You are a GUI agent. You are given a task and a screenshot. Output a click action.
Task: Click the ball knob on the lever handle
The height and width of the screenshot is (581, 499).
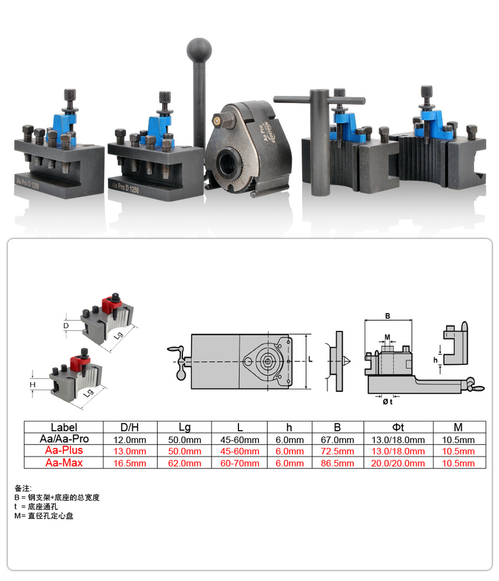(x=199, y=50)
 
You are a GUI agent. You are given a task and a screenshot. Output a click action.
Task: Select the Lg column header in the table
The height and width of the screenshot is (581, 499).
(x=185, y=427)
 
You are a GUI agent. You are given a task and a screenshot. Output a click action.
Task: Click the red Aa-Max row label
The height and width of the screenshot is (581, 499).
(x=64, y=462)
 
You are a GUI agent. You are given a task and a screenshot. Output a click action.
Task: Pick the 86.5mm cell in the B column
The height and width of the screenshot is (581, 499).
(x=338, y=463)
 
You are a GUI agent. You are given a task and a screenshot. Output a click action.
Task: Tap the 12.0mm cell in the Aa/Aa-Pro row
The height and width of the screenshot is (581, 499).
(x=130, y=440)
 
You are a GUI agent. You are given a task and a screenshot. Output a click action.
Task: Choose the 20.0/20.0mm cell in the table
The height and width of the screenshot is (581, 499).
(x=398, y=463)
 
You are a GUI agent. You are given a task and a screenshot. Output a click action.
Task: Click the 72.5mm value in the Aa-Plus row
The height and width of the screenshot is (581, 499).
(x=338, y=451)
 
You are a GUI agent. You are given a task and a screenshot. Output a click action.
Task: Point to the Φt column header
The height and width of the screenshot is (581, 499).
(x=398, y=427)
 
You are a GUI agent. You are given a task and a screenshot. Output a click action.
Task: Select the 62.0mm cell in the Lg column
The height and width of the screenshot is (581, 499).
(x=185, y=463)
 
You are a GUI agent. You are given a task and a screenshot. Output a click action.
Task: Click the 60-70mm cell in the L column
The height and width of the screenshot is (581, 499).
(x=240, y=463)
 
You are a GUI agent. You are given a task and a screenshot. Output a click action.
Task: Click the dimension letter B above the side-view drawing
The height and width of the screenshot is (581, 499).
(x=388, y=316)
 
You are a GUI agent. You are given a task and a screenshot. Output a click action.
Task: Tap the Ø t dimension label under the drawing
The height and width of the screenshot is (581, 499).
(x=388, y=401)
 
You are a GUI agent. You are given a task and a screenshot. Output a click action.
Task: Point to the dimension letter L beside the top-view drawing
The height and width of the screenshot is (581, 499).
(x=310, y=359)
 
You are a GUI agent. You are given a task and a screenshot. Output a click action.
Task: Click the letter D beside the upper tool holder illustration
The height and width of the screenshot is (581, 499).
(x=66, y=325)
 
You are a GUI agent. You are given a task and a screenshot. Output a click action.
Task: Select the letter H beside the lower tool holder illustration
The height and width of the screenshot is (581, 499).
(x=33, y=385)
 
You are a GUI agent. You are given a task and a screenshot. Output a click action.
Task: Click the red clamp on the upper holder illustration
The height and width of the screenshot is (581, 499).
(x=111, y=304)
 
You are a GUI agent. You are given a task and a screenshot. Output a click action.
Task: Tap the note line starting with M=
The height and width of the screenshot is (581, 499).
(x=44, y=516)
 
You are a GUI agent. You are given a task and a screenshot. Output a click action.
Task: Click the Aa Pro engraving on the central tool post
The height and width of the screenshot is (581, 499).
(x=262, y=132)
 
